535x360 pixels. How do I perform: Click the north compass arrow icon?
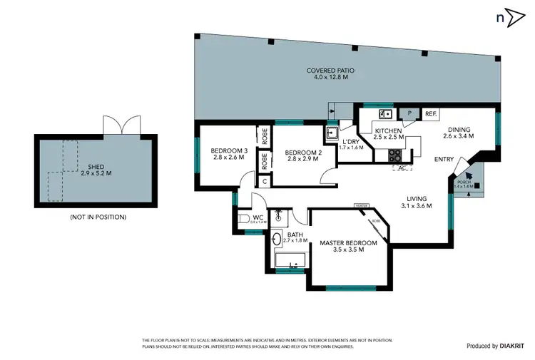point(511,19)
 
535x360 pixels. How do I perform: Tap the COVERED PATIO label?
point(330,74)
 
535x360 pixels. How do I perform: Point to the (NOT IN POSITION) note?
point(98,217)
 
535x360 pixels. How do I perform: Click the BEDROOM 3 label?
point(228,153)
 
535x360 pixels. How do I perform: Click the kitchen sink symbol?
point(385,113)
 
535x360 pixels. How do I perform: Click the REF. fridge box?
point(430,113)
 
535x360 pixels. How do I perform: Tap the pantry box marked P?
point(410,113)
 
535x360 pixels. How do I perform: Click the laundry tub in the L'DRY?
point(332,133)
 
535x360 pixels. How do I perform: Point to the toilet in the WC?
point(243,219)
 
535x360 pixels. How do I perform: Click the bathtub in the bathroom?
point(290,267)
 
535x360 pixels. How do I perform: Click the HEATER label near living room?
point(361,206)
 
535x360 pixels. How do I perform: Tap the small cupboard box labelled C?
point(265,180)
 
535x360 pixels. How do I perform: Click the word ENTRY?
point(444,159)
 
